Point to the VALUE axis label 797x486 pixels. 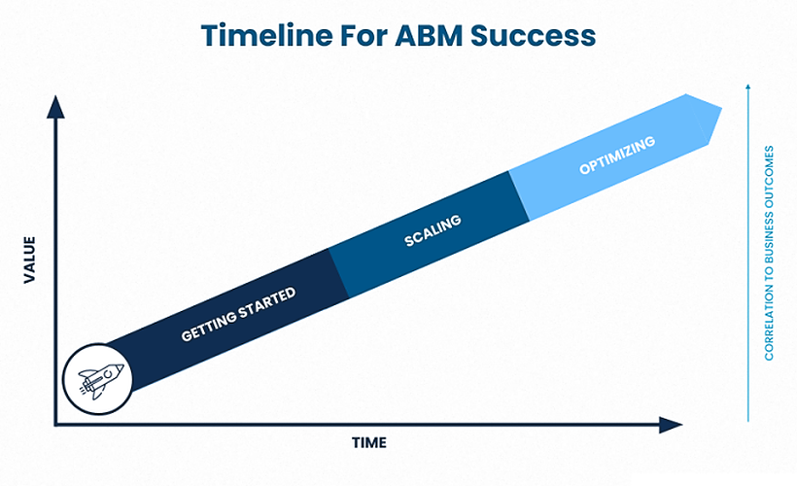(29, 260)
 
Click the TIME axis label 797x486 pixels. (368, 443)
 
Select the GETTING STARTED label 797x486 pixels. (238, 315)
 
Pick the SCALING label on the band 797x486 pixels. (432, 230)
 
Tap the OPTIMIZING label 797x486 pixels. (617, 156)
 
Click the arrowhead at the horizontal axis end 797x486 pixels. (672, 425)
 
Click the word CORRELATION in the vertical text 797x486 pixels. (769, 320)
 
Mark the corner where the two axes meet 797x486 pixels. (55, 425)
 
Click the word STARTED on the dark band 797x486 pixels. (265, 303)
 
